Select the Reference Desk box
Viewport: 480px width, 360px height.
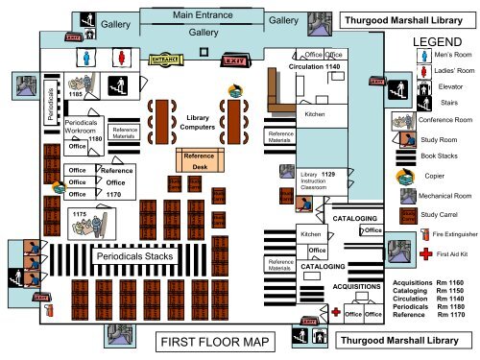199,161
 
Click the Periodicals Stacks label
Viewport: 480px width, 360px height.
132,256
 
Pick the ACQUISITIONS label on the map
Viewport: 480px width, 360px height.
356,286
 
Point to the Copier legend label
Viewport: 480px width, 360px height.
433,176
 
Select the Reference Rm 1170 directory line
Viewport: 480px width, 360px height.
427,315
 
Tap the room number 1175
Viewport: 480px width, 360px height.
80,213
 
